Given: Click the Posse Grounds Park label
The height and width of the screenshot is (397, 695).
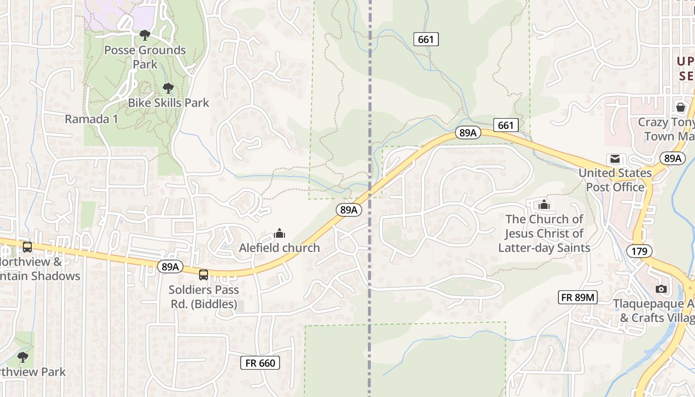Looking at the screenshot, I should point(145,57).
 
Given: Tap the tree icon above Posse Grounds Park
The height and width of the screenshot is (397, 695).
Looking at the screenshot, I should point(145,35).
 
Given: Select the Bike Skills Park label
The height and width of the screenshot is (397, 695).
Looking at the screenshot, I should point(169,103).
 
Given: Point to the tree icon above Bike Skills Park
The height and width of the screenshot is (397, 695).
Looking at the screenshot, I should point(168,89).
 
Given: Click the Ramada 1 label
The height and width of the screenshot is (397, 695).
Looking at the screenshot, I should point(91,119).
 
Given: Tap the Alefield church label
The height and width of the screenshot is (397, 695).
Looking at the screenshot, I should point(279,248).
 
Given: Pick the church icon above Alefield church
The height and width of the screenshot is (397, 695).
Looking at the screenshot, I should point(279,233).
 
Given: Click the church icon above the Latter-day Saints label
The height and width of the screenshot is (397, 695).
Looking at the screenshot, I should point(544,204).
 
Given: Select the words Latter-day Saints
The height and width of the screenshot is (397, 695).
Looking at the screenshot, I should point(544,248).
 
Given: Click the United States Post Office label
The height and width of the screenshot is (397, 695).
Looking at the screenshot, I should point(615,180).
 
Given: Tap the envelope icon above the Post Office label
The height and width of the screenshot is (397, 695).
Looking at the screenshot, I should point(615,159).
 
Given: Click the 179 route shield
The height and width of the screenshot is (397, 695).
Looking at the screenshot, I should point(639,251).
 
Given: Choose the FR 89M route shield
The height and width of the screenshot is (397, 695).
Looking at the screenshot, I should point(577,297).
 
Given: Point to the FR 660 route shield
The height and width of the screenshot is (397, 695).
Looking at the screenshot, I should point(260,363).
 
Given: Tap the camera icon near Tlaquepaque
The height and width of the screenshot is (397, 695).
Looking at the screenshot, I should point(661,289).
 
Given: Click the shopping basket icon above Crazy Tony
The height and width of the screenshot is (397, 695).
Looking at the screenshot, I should point(680,107).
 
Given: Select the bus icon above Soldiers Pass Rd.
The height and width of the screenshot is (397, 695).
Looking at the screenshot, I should point(204,274).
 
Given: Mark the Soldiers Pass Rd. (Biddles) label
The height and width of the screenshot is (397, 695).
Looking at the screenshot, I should point(204,297).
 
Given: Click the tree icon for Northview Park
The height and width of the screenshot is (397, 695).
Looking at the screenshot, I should point(22,357).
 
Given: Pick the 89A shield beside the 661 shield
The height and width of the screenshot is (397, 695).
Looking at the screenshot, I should point(468,132).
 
